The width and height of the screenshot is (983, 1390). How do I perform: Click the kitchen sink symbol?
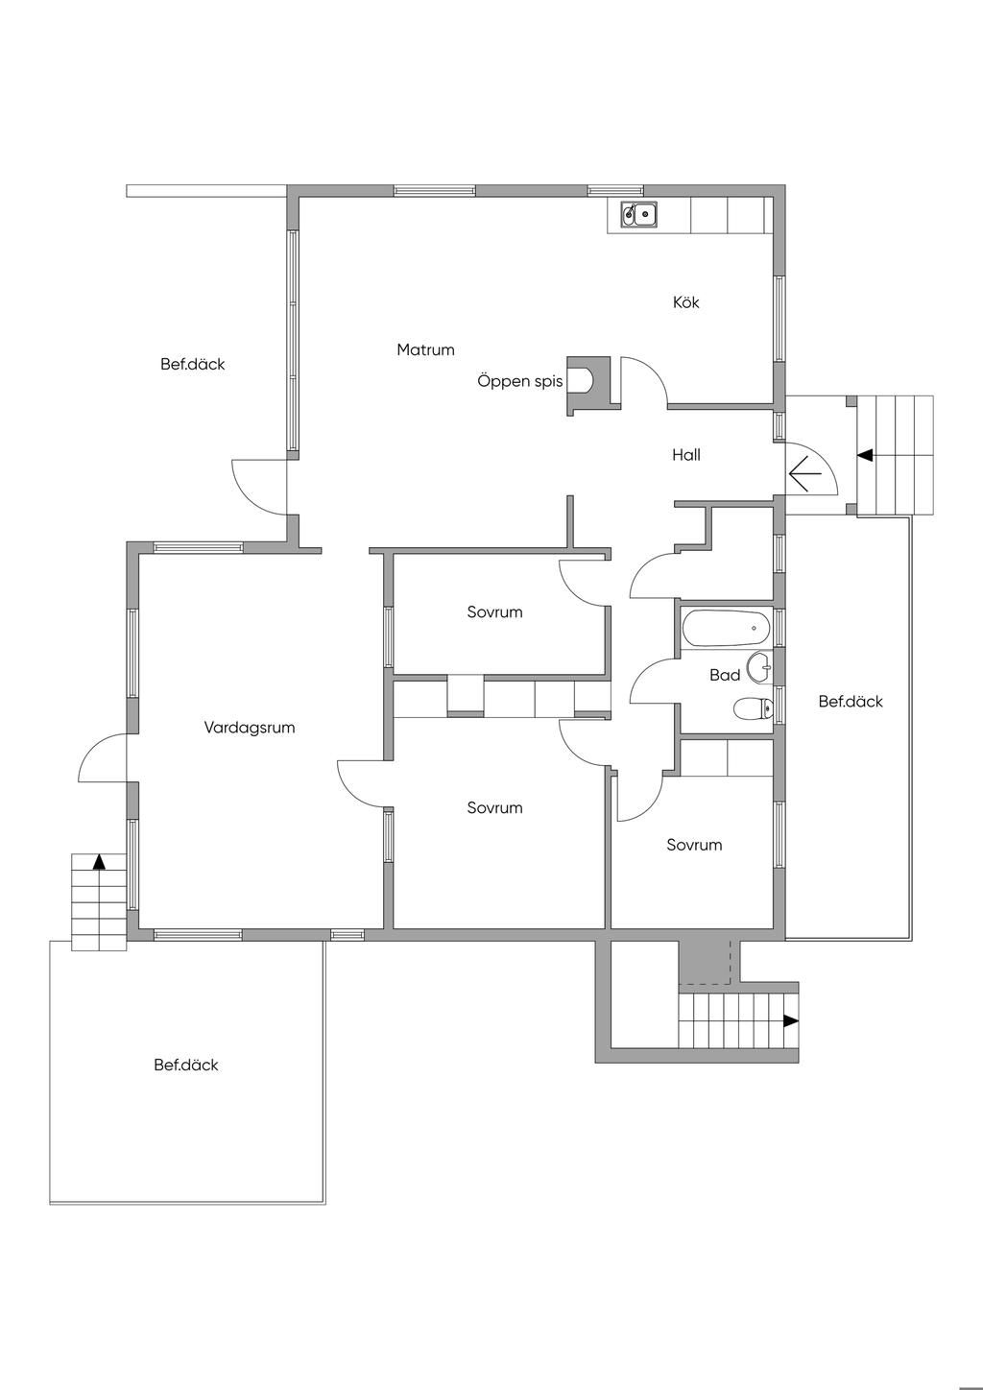639,215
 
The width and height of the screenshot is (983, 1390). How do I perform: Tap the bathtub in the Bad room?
726,628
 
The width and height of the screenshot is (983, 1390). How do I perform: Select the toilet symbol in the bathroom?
753,708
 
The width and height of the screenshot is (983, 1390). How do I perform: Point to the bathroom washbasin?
759,668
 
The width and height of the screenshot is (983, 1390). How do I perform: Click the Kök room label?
685,302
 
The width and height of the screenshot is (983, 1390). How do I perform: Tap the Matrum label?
425,350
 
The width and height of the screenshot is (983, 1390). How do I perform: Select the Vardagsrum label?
250,728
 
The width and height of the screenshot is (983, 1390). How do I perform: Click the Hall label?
685,455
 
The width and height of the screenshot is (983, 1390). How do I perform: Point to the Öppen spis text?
520,381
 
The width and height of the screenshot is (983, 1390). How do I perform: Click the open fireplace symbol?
588,385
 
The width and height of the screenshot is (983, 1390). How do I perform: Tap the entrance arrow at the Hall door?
804,473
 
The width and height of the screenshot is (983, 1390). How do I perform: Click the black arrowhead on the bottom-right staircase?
790,1020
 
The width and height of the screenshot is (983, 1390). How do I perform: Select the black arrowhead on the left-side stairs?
99,862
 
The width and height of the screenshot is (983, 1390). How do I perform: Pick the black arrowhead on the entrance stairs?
865,455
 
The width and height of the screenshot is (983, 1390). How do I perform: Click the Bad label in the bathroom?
725,675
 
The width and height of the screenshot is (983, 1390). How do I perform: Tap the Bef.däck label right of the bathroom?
851,701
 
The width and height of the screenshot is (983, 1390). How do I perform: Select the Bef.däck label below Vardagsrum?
186,1065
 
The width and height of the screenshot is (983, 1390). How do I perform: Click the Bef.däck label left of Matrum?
192,364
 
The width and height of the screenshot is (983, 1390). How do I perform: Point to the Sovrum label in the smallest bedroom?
694,845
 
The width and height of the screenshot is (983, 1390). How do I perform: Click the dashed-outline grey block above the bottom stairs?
705,963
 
